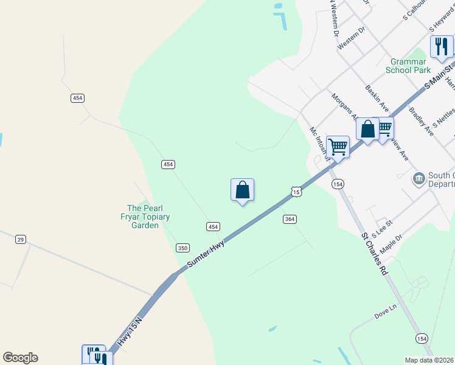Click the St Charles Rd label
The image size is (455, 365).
point(374,254)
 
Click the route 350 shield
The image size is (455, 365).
point(182,248)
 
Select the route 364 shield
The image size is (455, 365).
point(290,219)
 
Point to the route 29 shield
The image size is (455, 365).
point(21,240)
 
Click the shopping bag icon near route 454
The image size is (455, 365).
point(242,190)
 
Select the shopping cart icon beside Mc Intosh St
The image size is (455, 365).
point(338,146)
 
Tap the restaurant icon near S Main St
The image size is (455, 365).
point(442,46)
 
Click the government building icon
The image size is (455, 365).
point(419,178)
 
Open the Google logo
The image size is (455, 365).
point(20,358)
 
